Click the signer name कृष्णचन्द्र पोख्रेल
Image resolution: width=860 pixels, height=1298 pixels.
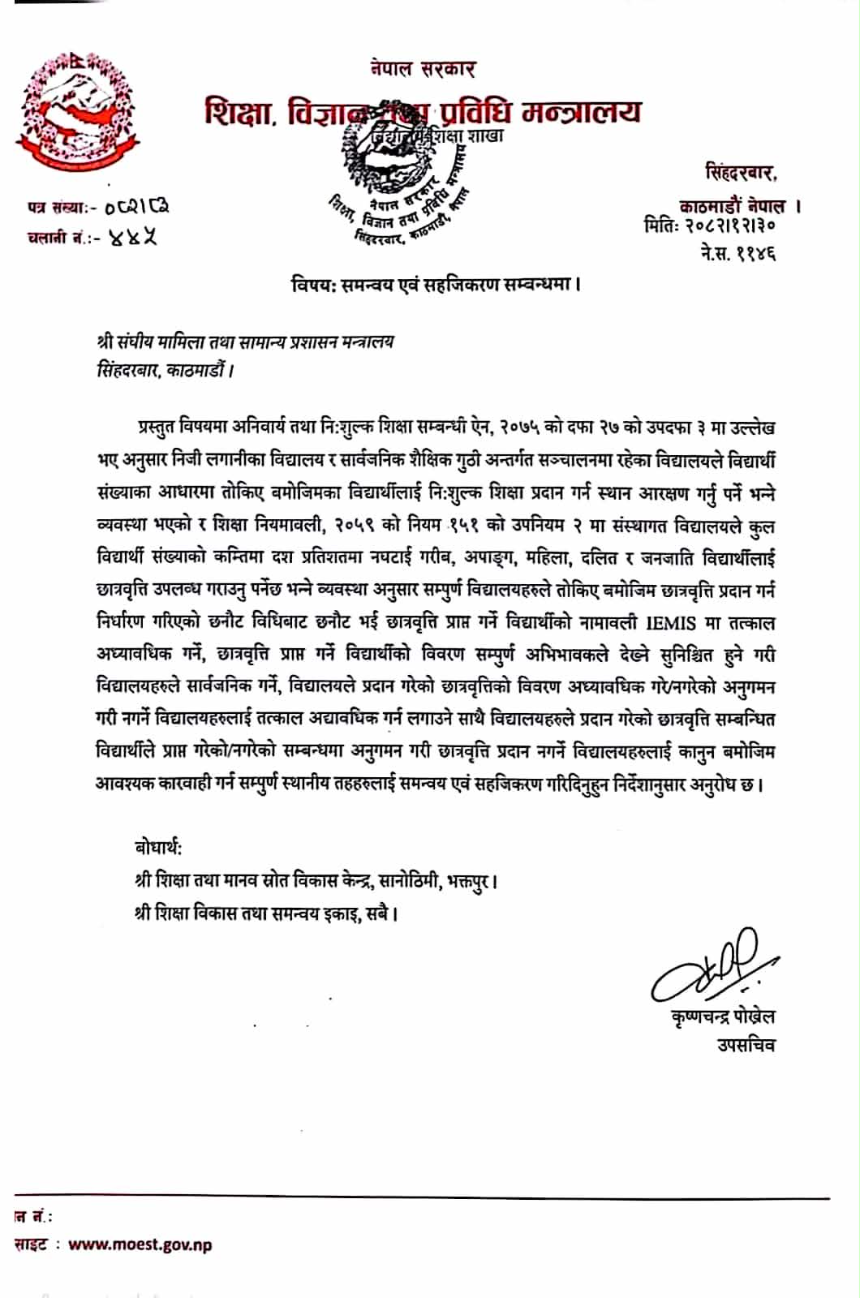tap(718, 1016)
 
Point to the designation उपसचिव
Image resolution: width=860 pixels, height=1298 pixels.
tap(745, 1045)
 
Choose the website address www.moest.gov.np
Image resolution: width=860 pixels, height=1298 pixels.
tap(140, 1244)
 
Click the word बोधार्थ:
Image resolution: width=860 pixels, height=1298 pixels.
tap(158, 848)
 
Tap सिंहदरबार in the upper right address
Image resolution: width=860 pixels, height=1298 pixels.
tap(740, 173)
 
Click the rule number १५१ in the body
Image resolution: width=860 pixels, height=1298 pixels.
tap(464, 525)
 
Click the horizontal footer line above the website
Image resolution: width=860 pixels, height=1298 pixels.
tap(422, 1198)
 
